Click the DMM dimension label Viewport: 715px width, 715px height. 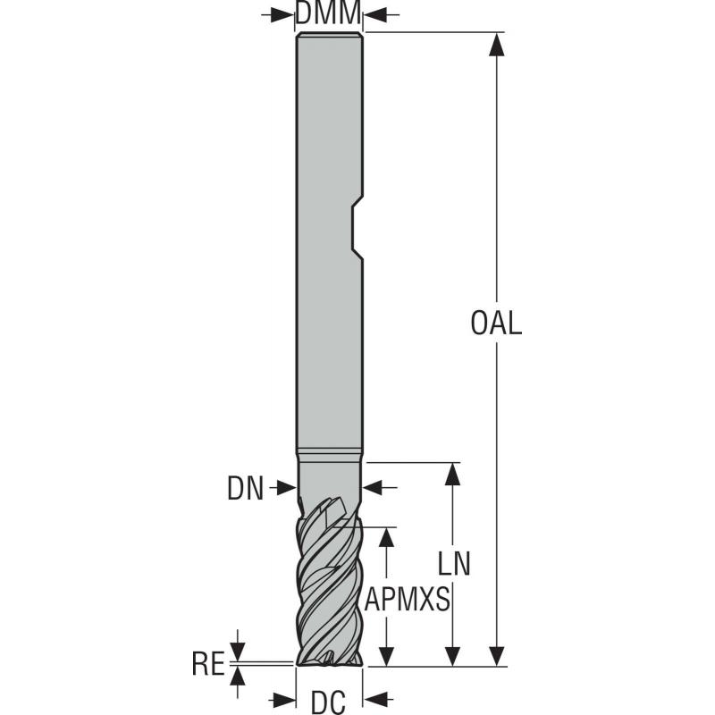(328, 13)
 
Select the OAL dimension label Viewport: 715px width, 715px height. (495, 323)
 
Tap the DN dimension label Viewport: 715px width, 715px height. (246, 487)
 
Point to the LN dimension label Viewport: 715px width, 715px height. (454, 564)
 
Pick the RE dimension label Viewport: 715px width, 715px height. (207, 663)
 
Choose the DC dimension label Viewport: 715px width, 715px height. (328, 702)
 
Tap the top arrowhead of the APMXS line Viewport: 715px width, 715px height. (386, 535)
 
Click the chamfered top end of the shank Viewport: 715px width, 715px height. (328, 36)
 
